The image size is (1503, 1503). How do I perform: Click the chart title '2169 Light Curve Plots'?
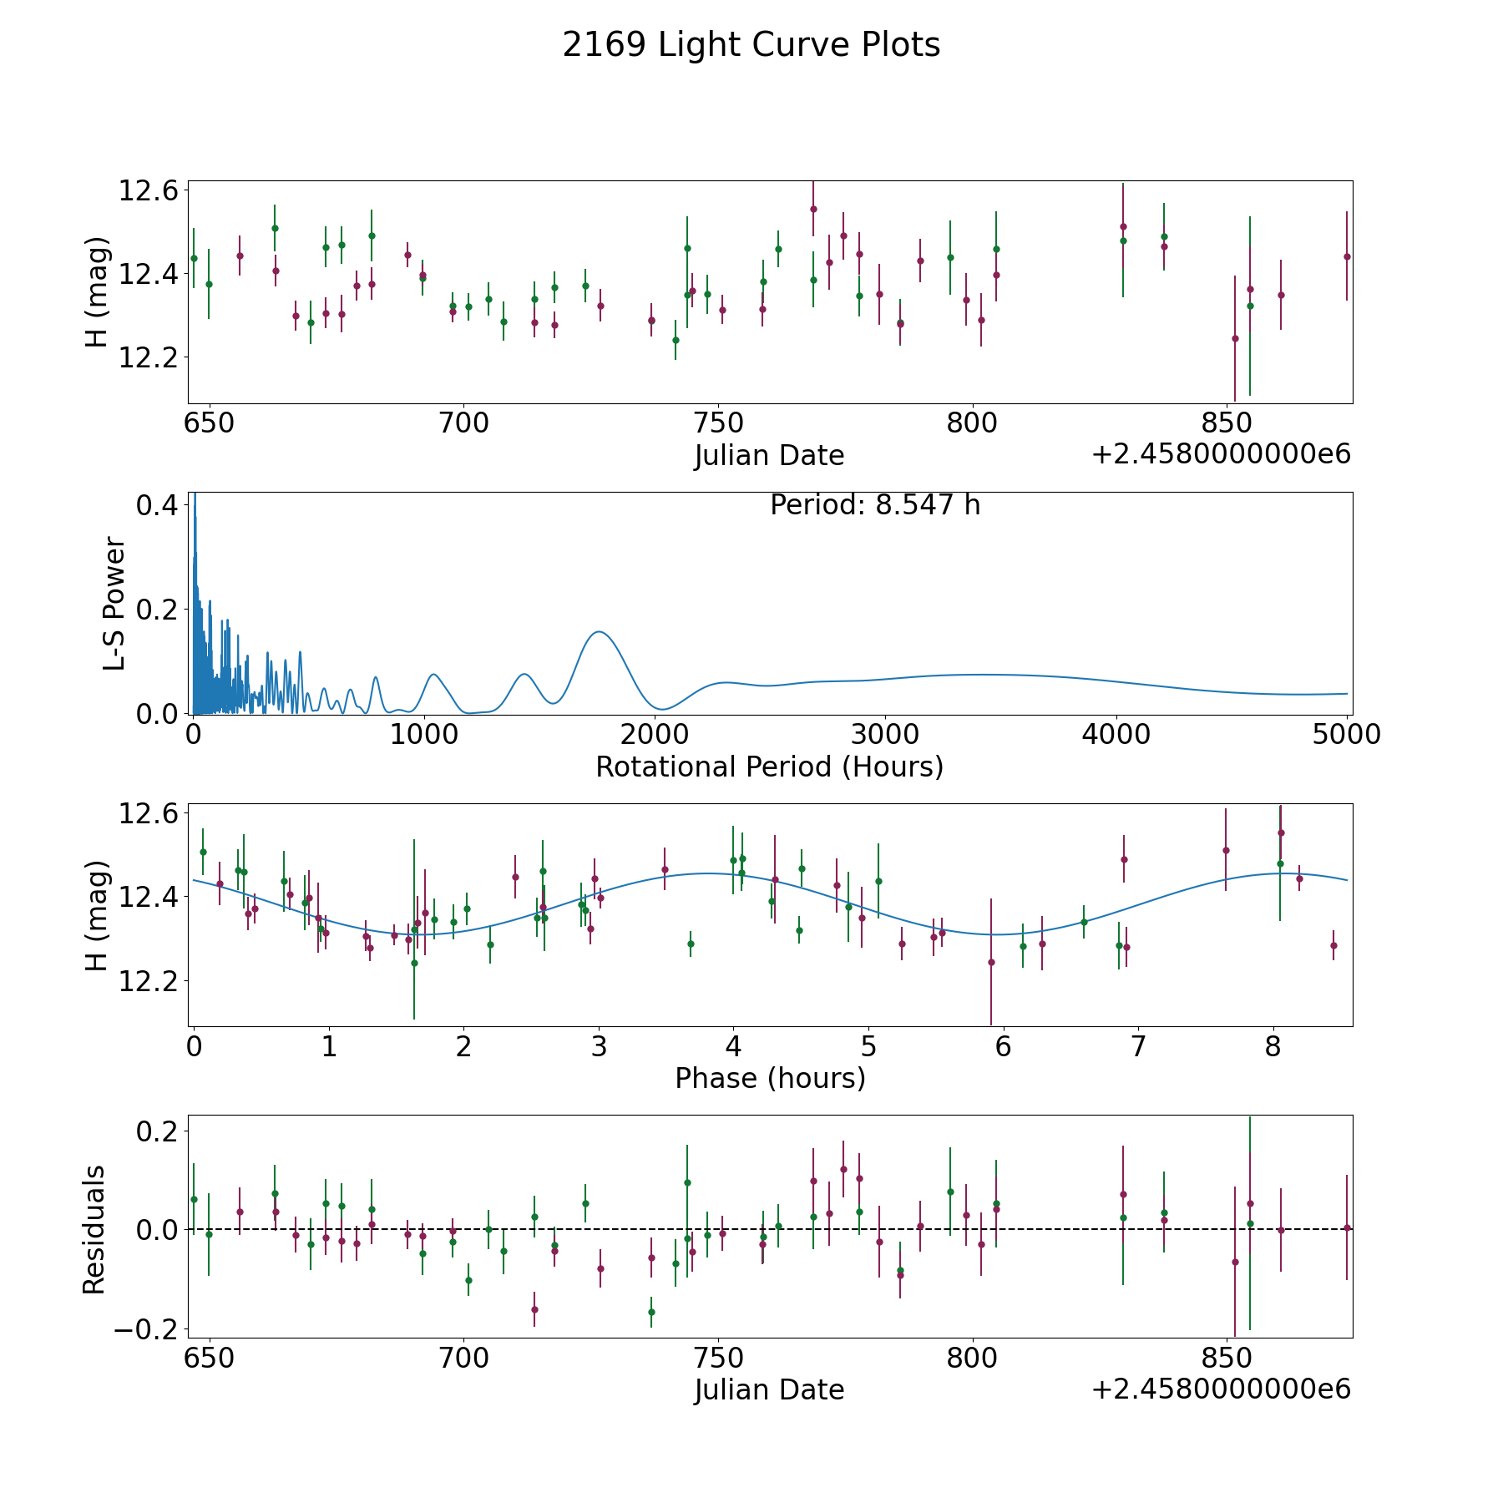pos(751,45)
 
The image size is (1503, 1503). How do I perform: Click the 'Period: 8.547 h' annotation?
pos(874,505)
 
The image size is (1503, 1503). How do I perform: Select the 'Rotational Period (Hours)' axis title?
pos(769,767)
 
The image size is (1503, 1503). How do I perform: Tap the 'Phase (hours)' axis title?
pos(770,1078)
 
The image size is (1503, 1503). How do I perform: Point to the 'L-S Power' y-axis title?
pos(114,603)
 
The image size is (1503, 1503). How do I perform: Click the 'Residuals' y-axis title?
pos(94,1229)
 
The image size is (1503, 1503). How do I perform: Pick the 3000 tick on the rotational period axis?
pos(884,735)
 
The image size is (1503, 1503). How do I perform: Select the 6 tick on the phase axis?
pos(1003,1046)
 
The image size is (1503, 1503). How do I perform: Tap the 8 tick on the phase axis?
pos(1273,1046)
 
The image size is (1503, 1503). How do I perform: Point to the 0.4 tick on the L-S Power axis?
pos(157,505)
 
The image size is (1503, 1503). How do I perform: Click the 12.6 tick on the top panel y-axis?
pos(149,190)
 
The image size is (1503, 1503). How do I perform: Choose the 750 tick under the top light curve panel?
pos(718,423)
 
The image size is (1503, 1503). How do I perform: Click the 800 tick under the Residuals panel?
pos(973,1358)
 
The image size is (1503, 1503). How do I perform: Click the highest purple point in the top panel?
pos(813,209)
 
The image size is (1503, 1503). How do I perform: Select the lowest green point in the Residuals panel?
pos(651,1312)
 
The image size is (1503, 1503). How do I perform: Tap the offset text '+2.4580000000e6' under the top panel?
pos(1221,455)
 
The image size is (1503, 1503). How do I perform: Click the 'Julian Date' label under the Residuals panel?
pos(769,1389)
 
